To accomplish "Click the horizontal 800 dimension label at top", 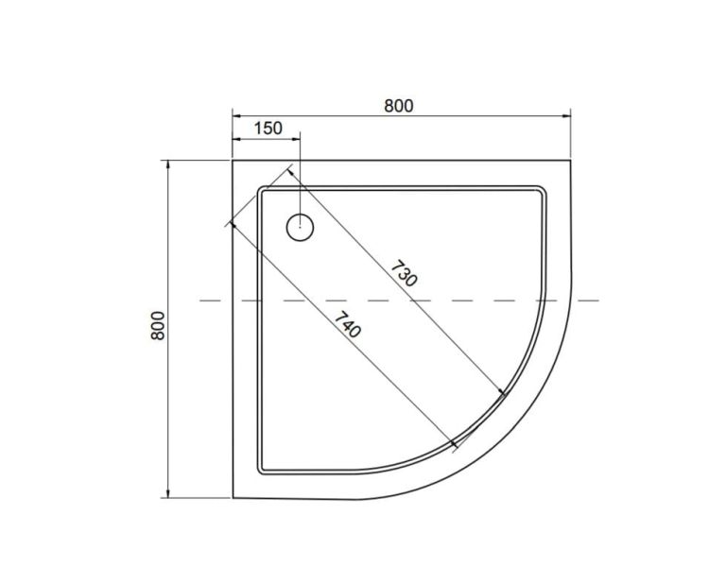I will [x=398, y=106].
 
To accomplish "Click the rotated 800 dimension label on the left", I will [x=158, y=326].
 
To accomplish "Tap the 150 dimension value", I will [x=268, y=128].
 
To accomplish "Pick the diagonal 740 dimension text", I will [x=346, y=323].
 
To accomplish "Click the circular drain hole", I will [x=300, y=227].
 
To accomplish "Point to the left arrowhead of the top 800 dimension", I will [x=236, y=116].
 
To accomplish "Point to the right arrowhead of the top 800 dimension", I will [x=568, y=116].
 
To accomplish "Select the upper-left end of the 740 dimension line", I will [x=228, y=224].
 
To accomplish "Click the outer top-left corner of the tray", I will [x=233, y=161].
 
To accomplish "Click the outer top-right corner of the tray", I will [x=571, y=161].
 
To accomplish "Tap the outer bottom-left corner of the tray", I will [x=233, y=498].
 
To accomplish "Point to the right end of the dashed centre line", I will [x=598, y=301].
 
